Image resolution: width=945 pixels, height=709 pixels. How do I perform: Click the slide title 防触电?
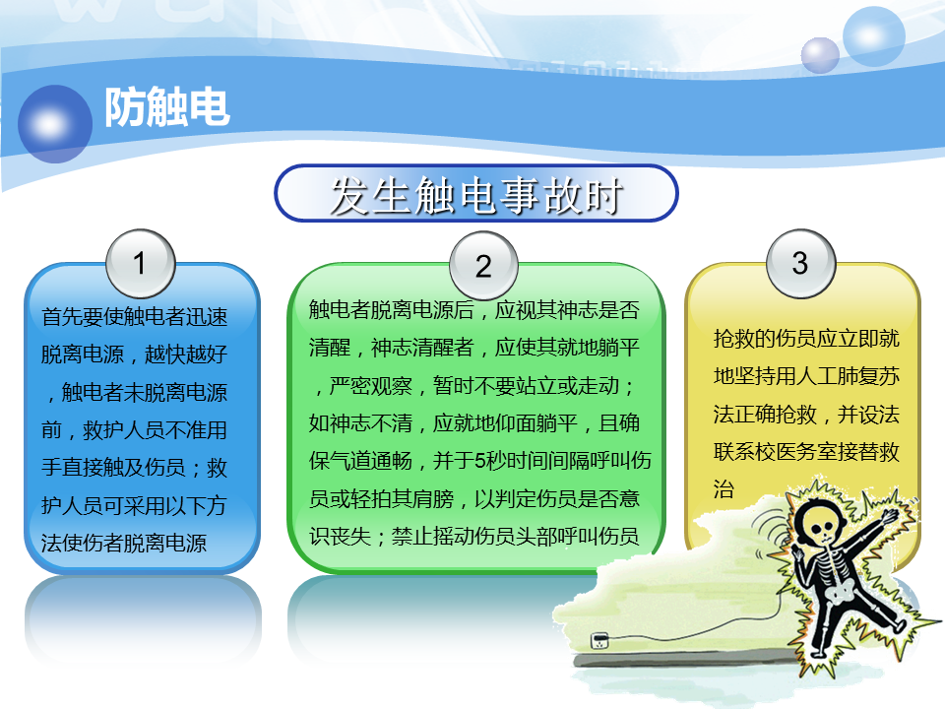(167, 107)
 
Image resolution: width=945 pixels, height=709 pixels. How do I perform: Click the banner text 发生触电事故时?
(476, 195)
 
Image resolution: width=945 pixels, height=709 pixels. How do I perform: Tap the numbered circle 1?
(141, 264)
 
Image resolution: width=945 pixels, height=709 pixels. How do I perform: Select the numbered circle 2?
(484, 266)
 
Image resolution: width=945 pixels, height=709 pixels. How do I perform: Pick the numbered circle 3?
(801, 264)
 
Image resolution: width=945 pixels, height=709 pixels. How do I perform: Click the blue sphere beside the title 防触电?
(55, 124)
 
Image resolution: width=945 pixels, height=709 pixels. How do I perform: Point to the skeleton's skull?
(821, 525)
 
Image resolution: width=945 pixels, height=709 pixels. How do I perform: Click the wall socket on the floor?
(599, 640)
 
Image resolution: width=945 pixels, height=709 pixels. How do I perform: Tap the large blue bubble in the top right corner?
(873, 36)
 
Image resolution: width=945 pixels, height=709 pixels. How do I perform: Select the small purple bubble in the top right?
(820, 55)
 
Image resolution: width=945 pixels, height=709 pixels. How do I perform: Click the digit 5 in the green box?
(480, 461)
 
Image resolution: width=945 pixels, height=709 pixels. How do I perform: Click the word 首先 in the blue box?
(61, 316)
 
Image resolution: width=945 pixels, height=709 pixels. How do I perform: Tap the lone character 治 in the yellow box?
(724, 489)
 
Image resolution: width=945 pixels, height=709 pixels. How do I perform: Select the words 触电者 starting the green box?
(340, 310)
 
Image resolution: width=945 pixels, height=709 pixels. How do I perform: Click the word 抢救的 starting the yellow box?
(744, 338)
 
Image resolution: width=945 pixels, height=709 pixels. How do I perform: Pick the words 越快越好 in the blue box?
(186, 354)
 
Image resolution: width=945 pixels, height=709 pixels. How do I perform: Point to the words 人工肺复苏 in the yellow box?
(848, 376)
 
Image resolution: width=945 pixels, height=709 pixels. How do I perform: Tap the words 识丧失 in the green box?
(340, 536)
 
